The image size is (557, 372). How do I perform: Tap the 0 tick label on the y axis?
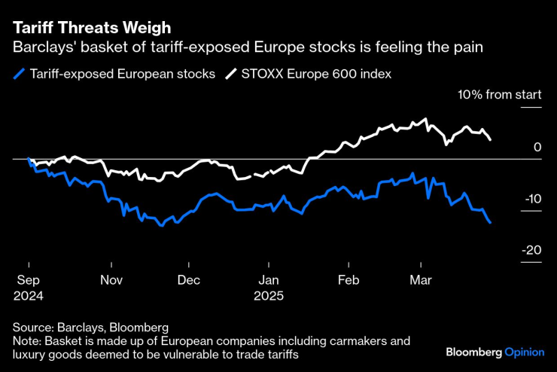(x=537, y=148)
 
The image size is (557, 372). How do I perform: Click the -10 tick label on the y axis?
(x=531, y=199)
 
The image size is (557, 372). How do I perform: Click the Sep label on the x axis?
(x=28, y=279)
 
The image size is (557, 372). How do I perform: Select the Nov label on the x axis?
(x=111, y=279)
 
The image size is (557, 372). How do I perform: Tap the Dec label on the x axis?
(x=188, y=279)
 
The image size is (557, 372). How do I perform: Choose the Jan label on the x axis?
(x=269, y=279)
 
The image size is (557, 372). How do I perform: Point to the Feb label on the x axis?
(x=349, y=279)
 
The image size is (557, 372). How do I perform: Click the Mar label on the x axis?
(x=420, y=279)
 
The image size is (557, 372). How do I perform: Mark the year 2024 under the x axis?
(x=28, y=295)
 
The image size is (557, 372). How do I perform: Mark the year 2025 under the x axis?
(x=269, y=295)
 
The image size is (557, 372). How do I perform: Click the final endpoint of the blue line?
(x=491, y=222)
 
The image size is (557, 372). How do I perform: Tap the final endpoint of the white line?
(x=491, y=139)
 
